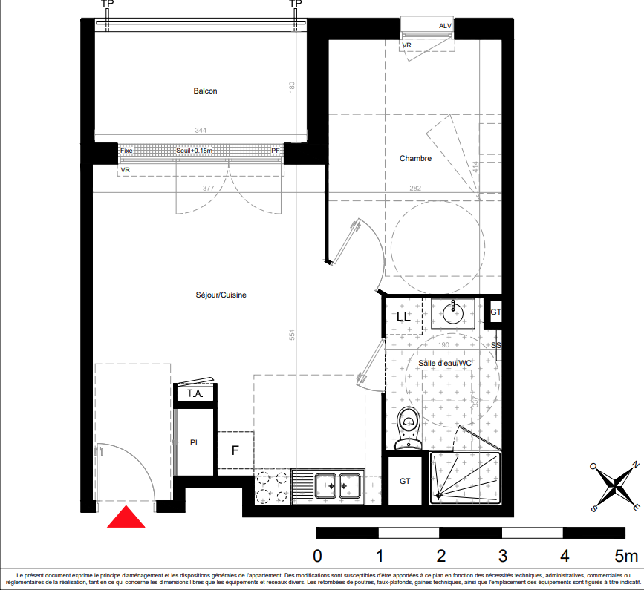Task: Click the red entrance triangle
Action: coord(126,517)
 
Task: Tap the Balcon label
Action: coord(205,91)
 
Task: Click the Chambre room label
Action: coord(415,158)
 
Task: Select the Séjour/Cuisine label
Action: coord(221,295)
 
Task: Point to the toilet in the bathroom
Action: coord(409,427)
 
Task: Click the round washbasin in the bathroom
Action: coord(453,314)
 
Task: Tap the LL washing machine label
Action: coord(403,316)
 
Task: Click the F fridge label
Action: coord(235,450)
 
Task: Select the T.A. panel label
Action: coord(195,394)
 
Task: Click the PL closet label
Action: coord(195,443)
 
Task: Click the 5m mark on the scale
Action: coord(626,557)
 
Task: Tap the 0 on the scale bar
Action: coord(317,557)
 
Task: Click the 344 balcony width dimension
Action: coord(201,131)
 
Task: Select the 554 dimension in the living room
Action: coord(292,335)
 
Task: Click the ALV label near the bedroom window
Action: coord(445,26)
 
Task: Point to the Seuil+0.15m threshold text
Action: coord(195,151)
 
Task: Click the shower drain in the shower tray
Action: coord(439,496)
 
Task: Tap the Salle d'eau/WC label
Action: coord(445,363)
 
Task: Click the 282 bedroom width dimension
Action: coord(415,188)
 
